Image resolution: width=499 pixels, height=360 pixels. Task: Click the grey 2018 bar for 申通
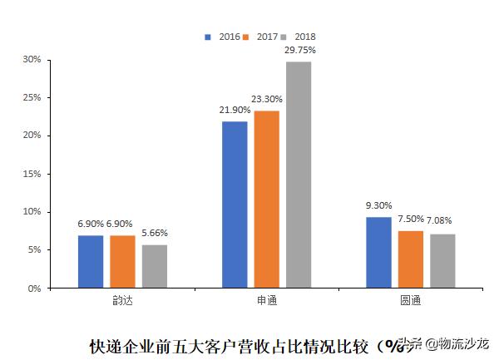point(299,175)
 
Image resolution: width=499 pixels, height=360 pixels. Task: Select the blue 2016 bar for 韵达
point(91,262)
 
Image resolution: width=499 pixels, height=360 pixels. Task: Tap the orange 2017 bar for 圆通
point(411,259)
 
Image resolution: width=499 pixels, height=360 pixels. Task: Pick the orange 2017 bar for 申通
point(267,200)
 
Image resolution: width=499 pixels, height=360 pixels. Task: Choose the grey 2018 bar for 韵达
point(154,266)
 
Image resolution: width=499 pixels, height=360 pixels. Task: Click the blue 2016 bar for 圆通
point(379,253)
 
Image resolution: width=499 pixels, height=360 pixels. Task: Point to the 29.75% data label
point(299,51)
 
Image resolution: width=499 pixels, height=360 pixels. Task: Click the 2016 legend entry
point(224,37)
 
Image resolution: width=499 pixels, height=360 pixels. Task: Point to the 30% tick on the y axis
point(32,60)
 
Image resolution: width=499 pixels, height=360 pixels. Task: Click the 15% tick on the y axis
point(32,174)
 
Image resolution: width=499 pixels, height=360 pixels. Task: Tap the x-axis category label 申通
point(267,300)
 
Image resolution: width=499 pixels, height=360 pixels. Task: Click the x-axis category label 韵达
point(122,300)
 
